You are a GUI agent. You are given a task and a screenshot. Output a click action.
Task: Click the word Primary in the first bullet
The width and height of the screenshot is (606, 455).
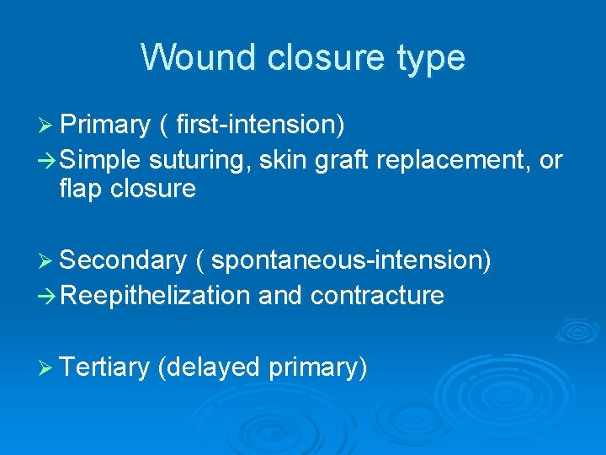pyautogui.click(x=104, y=125)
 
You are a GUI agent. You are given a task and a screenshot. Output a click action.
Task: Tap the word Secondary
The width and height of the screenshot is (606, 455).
pyautogui.click(x=122, y=261)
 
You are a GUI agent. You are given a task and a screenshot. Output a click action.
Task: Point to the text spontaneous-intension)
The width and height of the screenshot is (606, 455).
pyautogui.click(x=351, y=261)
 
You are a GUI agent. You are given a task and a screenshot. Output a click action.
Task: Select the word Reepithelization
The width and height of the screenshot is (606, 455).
pyautogui.click(x=155, y=295)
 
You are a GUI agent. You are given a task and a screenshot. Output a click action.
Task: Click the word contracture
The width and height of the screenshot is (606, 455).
pyautogui.click(x=377, y=295)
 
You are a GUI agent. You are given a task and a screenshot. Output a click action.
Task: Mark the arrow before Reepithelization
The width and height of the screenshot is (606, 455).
pyautogui.click(x=47, y=295)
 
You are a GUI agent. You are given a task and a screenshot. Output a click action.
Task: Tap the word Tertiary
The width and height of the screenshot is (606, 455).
pyautogui.click(x=105, y=367)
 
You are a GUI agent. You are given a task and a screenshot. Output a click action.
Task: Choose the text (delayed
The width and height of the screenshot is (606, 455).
pyautogui.click(x=209, y=367)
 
